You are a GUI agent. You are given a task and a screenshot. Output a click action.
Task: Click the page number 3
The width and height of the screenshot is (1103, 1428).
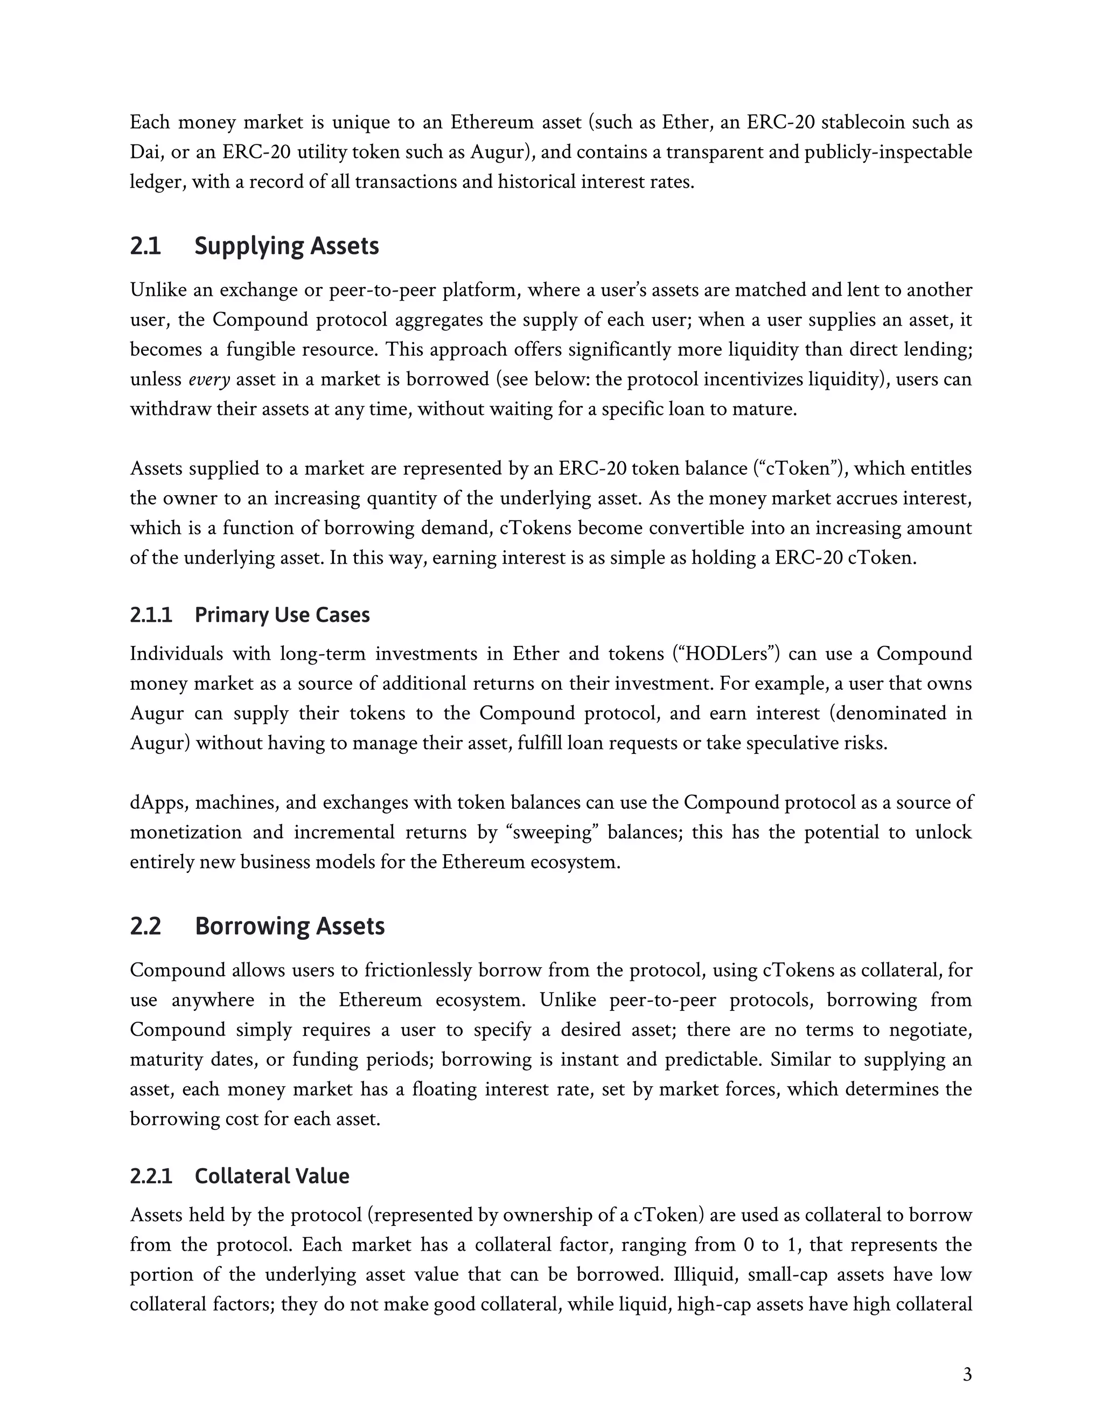[x=967, y=1375]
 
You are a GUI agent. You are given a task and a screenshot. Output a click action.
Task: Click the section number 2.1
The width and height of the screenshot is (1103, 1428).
[x=145, y=246]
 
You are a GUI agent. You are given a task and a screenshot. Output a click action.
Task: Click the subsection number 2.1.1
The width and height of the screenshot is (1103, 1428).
[x=151, y=615]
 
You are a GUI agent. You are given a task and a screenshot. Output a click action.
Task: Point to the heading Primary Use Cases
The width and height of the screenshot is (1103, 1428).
[x=282, y=615]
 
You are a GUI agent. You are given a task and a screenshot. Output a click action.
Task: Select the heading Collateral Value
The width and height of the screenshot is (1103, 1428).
[x=272, y=1176]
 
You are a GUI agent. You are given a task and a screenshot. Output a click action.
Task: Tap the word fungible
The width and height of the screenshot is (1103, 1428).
[x=259, y=350]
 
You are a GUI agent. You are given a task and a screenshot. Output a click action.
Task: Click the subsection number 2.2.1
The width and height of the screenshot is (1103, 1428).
[x=151, y=1176]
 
